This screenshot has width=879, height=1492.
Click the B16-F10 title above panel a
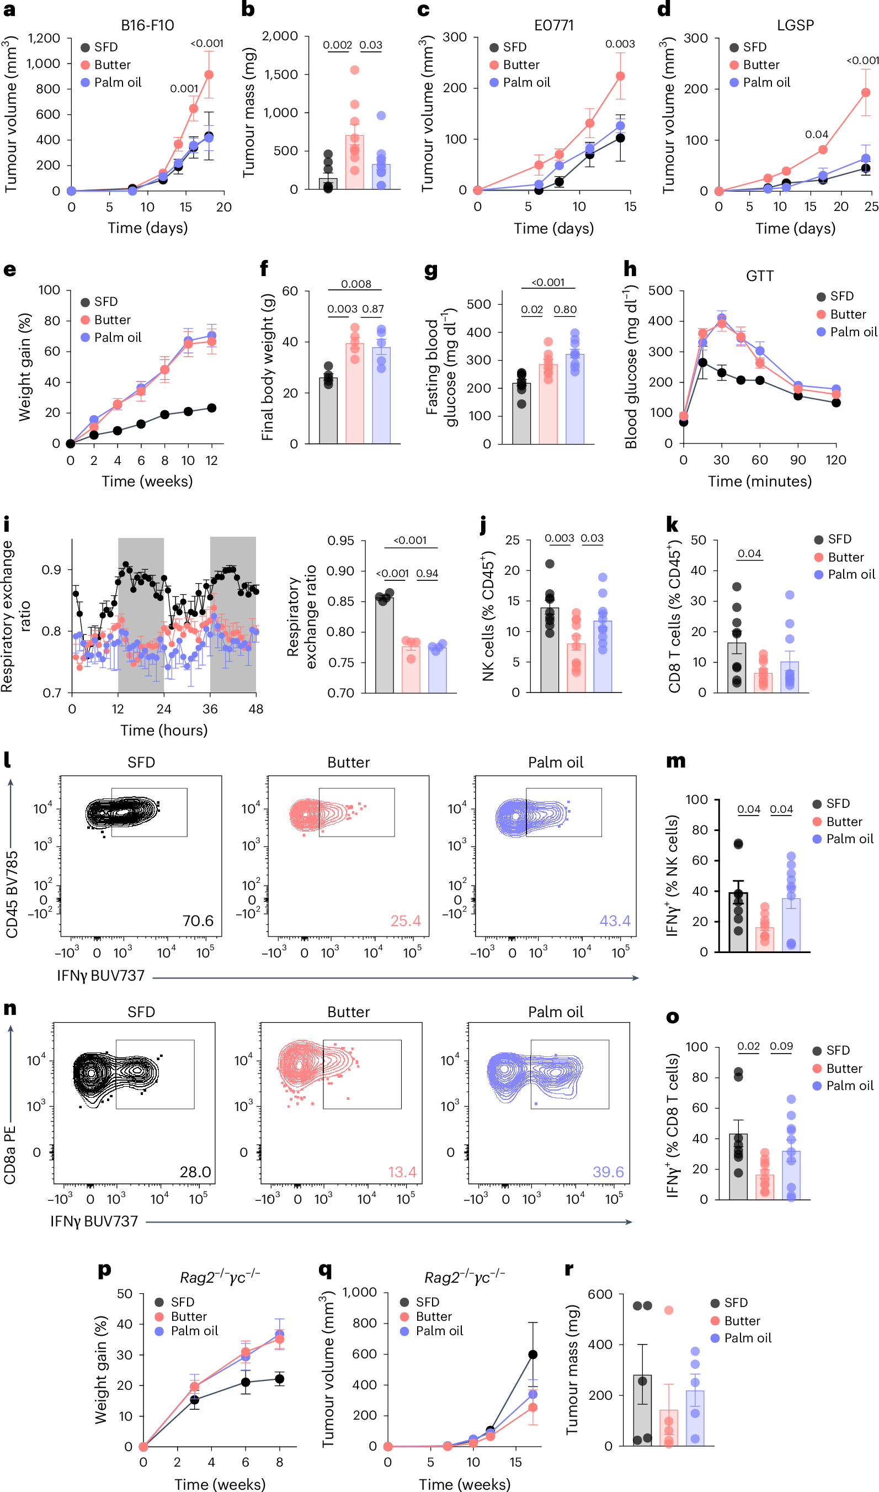(147, 25)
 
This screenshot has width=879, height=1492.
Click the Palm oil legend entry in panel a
(118, 82)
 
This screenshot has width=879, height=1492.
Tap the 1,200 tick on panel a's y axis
(45, 38)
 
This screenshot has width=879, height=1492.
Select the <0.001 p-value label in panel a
(207, 43)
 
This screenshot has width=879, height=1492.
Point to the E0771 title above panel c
(553, 25)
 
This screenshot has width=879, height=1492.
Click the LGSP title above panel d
(795, 25)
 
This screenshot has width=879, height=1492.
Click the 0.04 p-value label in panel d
(816, 135)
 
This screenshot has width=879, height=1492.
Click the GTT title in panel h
(759, 276)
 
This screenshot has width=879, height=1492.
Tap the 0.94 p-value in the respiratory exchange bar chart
(427, 573)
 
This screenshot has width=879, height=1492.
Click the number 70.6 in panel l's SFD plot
(198, 920)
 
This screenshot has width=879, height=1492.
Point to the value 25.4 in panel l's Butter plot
(405, 920)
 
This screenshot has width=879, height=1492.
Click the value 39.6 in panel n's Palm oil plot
(608, 1172)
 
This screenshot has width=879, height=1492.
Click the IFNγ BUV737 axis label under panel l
(100, 975)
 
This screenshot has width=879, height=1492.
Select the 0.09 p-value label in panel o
(781, 1046)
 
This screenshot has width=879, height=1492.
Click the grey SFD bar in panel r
(642, 1411)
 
